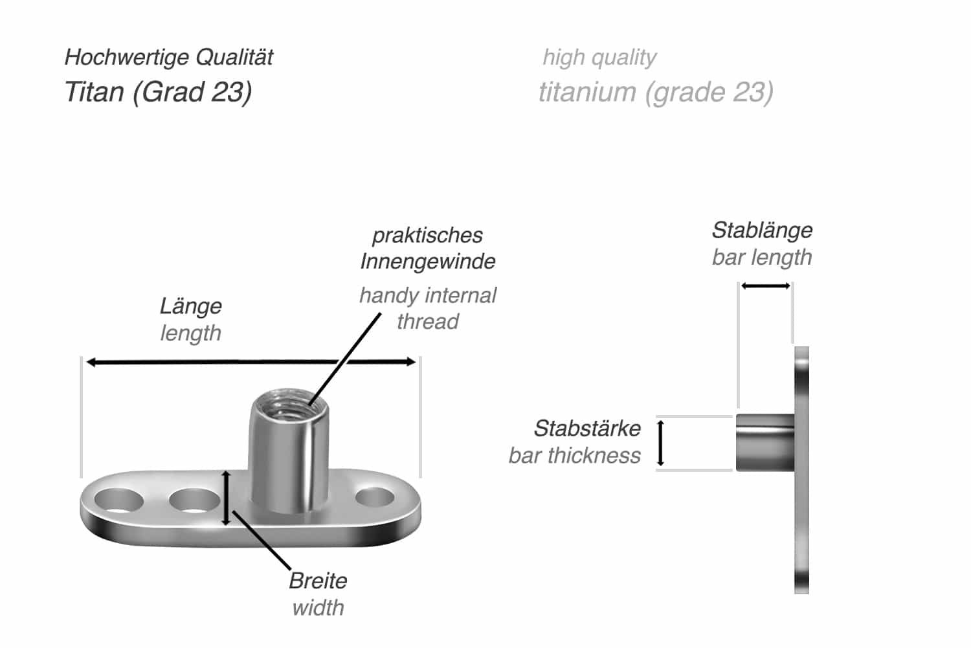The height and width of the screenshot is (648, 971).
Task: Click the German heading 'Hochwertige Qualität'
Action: point(168,58)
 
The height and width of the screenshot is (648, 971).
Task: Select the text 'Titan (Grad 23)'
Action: point(158,92)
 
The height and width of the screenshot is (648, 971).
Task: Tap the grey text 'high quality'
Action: point(599,58)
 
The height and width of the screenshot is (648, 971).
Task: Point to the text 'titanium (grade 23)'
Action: point(656,92)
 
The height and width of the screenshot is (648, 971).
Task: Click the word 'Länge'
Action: point(191,306)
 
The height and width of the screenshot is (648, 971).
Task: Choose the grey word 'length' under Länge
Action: point(190,333)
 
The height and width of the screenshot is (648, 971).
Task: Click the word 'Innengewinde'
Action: point(427,262)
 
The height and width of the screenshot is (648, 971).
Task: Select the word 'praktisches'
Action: point(427,235)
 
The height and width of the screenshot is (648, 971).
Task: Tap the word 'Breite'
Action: point(318,581)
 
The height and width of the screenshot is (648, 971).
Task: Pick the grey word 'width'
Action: point(318,608)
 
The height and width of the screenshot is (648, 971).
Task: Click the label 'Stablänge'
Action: point(762,230)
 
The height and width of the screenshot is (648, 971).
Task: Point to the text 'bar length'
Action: point(761,257)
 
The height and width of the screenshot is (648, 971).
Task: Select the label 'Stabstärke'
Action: point(587,428)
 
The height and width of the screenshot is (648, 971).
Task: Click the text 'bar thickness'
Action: point(574,455)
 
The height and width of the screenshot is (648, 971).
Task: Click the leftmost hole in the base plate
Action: point(118,501)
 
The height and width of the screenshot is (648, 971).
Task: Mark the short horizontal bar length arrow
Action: point(765,285)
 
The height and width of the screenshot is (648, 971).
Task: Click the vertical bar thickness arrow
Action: point(660,443)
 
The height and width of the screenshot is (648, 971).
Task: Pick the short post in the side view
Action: point(764,443)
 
